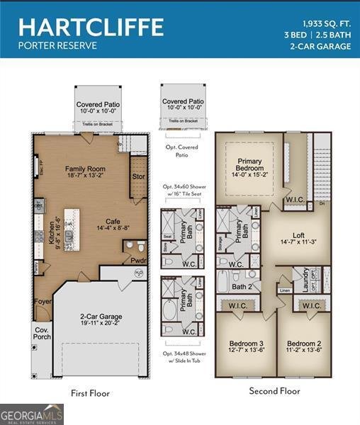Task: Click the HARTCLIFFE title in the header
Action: tap(91, 27)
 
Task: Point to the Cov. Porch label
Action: tap(43, 332)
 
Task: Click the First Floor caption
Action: tap(90, 393)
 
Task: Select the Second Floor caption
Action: tap(274, 391)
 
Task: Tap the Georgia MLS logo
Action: tap(32, 414)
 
